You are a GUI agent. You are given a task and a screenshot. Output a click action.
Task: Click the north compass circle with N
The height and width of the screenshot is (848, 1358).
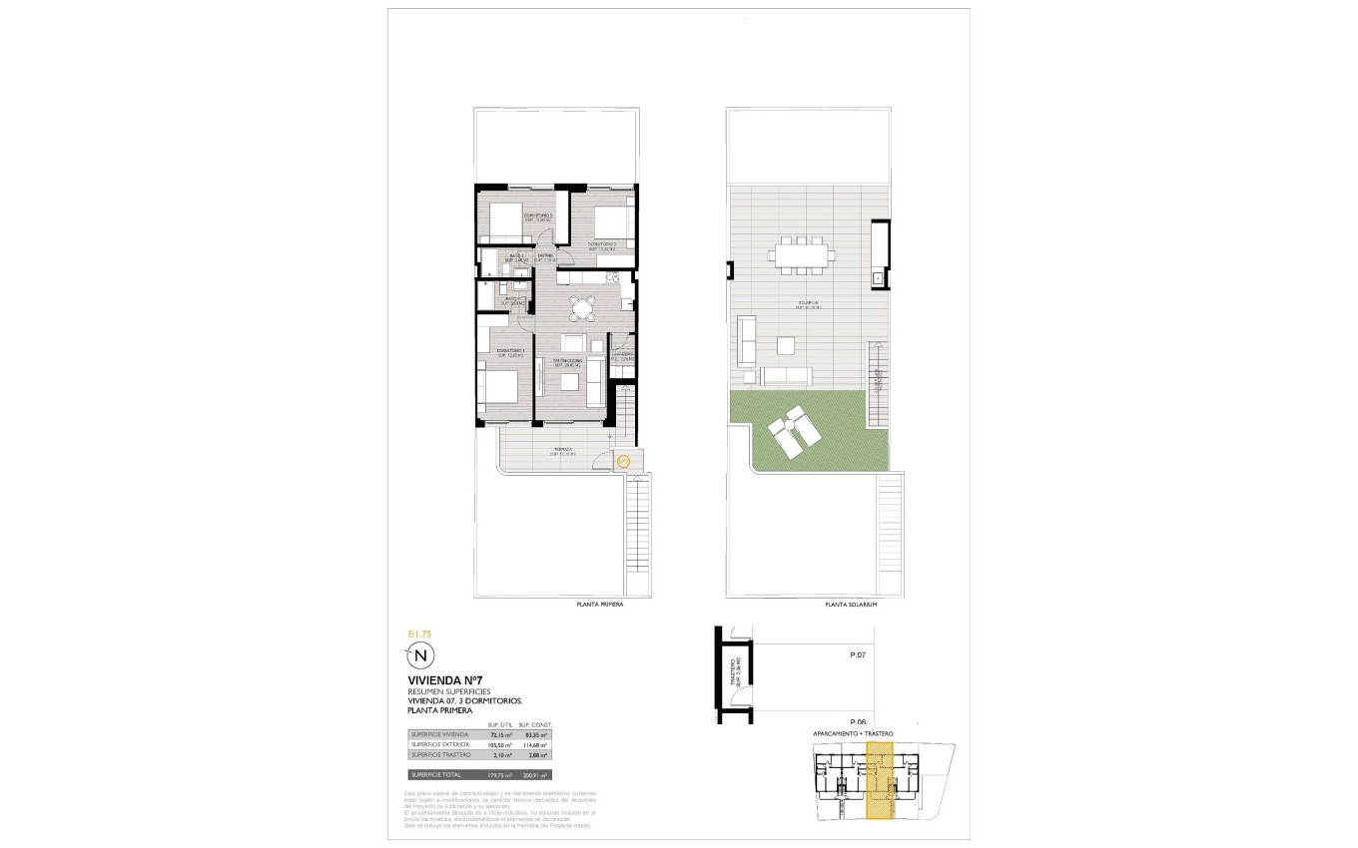coord(421,655)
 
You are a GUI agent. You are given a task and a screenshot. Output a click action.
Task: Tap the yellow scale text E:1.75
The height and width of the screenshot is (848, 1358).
coord(420,634)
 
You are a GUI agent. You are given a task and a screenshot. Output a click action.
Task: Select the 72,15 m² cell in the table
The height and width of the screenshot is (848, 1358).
coord(499,734)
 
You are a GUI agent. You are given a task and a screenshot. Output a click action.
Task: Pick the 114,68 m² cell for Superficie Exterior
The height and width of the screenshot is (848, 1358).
coord(537,744)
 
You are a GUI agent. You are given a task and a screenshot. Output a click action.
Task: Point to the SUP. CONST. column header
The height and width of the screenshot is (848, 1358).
coord(536,724)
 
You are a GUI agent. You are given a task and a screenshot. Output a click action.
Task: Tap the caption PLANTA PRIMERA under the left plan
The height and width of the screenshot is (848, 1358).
coord(600,605)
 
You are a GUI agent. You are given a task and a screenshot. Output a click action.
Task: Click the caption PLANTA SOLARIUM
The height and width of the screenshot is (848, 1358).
coord(851,605)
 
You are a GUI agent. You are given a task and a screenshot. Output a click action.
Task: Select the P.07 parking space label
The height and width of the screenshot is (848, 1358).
coord(856,655)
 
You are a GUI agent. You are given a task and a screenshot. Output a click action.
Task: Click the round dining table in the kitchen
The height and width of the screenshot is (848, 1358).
coord(580,305)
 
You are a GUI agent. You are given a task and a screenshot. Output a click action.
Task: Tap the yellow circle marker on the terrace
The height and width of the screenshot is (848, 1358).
coord(623,461)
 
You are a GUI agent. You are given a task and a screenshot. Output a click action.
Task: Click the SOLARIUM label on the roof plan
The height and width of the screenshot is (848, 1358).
coord(808,303)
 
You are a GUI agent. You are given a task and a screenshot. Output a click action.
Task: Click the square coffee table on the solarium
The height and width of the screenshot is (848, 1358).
coord(786,345)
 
